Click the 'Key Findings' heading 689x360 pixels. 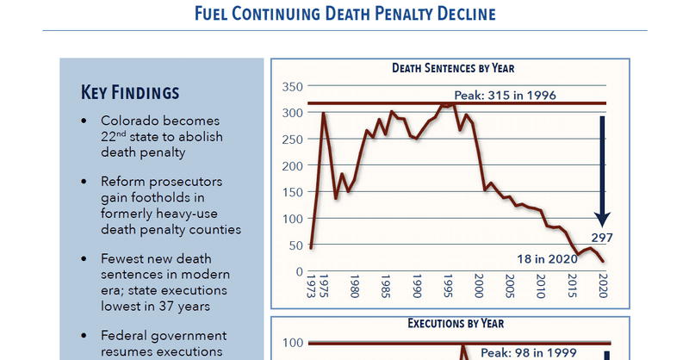pos(130,92)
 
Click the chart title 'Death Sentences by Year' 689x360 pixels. pos(453,68)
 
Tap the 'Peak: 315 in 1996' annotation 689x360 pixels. pos(511,94)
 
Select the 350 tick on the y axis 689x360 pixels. pos(292,87)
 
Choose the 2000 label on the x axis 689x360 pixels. pos(479,284)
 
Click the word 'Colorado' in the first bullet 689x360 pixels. pos(130,121)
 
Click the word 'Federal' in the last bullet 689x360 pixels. pos(125,335)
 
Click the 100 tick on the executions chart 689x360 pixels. pos(292,344)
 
